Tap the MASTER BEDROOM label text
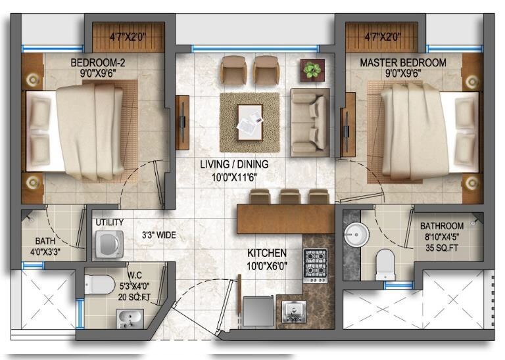point(402,63)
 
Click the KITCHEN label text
point(266,253)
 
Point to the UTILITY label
point(109,223)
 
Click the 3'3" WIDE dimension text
point(159,235)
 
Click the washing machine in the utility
point(109,244)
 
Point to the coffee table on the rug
point(250,122)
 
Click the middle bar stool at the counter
point(289,196)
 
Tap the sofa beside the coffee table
point(309,119)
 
